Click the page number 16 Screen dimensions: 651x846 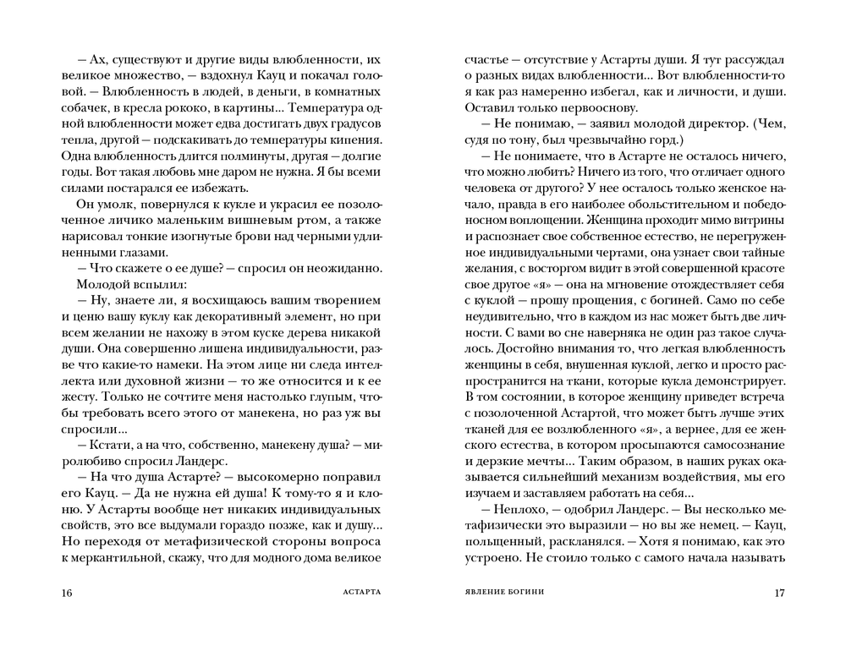(68, 592)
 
